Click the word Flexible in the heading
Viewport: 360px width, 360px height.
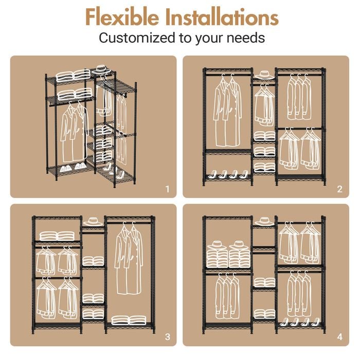pyautogui.click(x=122, y=17)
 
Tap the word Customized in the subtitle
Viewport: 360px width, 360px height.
pyautogui.click(x=137, y=38)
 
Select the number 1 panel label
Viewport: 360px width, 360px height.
pyautogui.click(x=168, y=189)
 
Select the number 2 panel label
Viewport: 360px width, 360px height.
pyautogui.click(x=340, y=189)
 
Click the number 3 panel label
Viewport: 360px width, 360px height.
pyautogui.click(x=168, y=337)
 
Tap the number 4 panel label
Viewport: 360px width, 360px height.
pyautogui.click(x=340, y=337)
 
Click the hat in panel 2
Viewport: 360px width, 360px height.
pyautogui.click(x=264, y=75)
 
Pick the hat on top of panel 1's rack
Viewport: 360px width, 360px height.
pyautogui.click(x=101, y=69)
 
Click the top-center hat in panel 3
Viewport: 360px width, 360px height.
pyautogui.click(x=93, y=222)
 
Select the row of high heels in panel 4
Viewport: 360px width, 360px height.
pyautogui.click(x=299, y=321)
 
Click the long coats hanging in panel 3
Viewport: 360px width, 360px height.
pyautogui.click(x=129, y=259)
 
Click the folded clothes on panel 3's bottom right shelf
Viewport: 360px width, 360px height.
pyautogui.click(x=129, y=320)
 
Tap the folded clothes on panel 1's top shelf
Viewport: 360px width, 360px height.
pyautogui.click(x=74, y=76)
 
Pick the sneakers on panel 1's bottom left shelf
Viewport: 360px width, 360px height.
pyautogui.click(x=73, y=167)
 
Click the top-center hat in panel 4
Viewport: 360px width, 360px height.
pyautogui.click(x=264, y=222)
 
